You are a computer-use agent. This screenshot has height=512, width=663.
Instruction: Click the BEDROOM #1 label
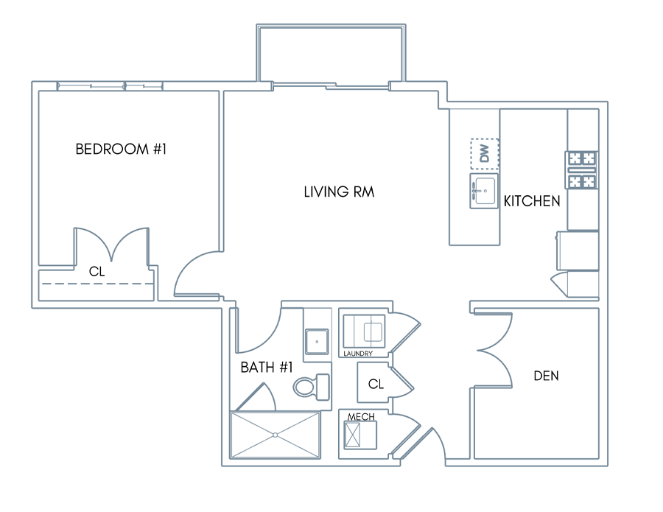coord(121,149)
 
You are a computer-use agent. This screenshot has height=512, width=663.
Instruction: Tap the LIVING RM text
coord(339,192)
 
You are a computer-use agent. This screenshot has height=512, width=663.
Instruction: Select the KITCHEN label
coord(532,201)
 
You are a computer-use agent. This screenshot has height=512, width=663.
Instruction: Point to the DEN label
coord(546,376)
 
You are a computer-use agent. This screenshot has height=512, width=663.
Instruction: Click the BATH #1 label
coord(267,367)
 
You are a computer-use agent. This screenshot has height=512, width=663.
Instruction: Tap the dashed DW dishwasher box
coord(485,153)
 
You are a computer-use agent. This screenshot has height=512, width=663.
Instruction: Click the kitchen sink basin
coord(484,191)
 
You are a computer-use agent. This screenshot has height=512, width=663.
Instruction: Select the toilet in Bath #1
coord(312,387)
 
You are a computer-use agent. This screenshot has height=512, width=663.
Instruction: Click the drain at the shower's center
coord(276,435)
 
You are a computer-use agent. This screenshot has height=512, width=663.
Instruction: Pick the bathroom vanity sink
coord(317,342)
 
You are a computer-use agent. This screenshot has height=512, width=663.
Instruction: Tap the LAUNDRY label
coord(358,354)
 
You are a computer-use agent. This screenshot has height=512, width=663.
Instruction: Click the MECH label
coord(361,416)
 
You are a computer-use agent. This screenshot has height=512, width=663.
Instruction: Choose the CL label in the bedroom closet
coord(97,271)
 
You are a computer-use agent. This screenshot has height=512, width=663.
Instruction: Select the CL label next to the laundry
coord(376,384)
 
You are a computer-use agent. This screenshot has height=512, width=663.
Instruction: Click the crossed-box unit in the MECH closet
coord(352,435)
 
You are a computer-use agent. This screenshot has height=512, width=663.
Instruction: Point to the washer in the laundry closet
coord(364,330)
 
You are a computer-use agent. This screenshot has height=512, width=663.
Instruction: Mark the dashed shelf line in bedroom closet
coord(96,284)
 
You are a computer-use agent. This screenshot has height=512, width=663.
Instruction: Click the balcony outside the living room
coord(331,53)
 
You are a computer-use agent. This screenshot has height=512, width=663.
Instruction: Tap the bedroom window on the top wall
coord(110,86)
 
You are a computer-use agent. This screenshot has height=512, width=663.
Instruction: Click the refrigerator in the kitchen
coord(578,250)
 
